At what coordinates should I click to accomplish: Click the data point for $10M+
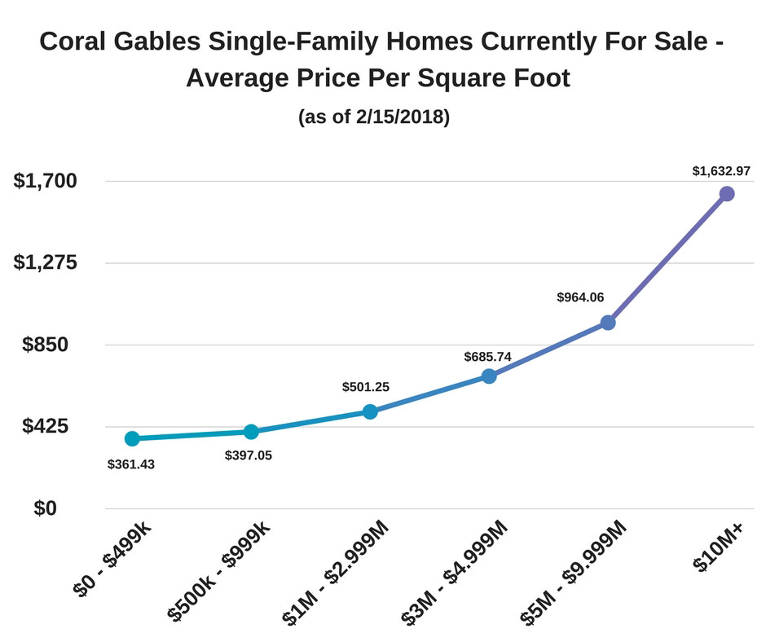[727, 194]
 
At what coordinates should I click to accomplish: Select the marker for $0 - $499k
[132, 438]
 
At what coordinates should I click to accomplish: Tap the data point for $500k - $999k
[251, 432]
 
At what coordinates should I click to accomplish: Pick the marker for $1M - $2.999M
[370, 411]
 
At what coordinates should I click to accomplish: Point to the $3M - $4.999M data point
[489, 376]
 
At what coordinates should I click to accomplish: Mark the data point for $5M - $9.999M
[608, 323]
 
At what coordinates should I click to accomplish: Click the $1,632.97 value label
[721, 171]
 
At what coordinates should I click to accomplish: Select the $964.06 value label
[580, 297]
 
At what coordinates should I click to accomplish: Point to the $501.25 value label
[366, 387]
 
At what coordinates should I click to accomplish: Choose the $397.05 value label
[249, 455]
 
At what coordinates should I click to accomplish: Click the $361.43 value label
[131, 464]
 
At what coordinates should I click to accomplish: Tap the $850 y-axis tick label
[57, 345]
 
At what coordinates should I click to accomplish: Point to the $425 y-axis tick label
[57, 426]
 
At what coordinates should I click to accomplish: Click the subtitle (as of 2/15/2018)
[374, 117]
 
